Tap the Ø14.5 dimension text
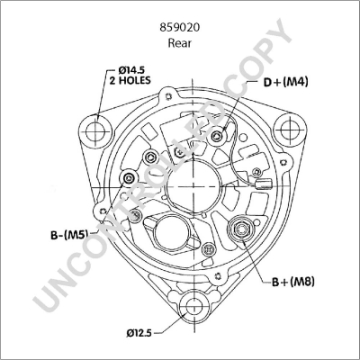(130, 67)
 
